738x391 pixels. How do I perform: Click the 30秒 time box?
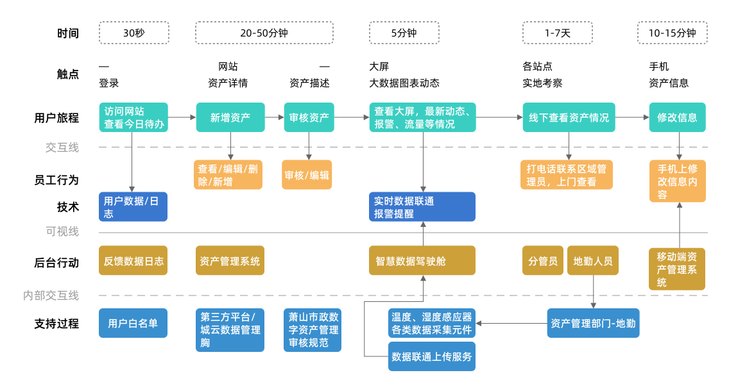[133, 33]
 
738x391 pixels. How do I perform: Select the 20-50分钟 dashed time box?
[264, 33]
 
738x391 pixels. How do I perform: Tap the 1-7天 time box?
[557, 33]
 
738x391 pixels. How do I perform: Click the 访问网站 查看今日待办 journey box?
[133, 117]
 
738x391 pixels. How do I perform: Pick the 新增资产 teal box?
[230, 117]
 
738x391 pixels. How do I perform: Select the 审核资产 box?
[309, 117]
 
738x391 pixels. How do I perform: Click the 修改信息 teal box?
[677, 117]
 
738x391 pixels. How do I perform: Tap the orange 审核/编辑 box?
[307, 175]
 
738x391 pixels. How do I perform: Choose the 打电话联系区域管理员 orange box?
[567, 175]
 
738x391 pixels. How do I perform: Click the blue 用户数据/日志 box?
[133, 207]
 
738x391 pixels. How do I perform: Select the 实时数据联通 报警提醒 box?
[422, 207]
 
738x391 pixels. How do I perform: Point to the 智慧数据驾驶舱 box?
[422, 260]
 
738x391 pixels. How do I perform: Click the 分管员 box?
[543, 260]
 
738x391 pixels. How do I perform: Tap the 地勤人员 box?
[592, 260]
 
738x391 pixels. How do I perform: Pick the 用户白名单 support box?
[133, 323]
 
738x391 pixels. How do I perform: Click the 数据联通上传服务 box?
[432, 356]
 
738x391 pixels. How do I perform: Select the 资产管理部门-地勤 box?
[593, 323]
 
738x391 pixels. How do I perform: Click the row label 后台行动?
[56, 263]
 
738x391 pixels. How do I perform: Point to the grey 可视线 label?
[62, 231]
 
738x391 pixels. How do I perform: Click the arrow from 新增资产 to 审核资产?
[275, 117]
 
